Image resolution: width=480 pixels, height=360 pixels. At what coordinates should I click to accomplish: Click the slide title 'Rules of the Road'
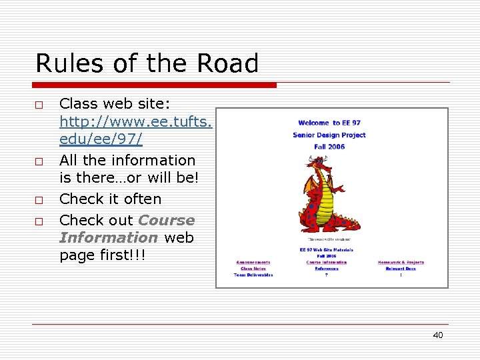[147, 64]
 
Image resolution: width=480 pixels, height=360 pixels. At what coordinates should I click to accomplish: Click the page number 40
[437, 335]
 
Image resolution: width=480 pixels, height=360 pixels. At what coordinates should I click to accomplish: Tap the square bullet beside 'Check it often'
[39, 200]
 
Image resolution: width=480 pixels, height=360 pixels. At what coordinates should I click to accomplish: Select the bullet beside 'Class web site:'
[39, 105]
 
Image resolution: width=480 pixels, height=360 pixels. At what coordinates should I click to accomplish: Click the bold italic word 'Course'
[166, 220]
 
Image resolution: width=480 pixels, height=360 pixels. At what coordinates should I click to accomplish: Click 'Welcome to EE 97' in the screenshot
[330, 123]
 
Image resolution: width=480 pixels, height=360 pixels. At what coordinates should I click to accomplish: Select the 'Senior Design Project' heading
[329, 135]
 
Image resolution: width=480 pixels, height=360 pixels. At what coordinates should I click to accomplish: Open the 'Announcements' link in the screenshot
[253, 262]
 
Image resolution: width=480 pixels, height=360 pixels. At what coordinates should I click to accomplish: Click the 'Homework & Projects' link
[401, 262]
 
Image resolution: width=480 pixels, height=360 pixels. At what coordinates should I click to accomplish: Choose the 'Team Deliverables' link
[253, 275]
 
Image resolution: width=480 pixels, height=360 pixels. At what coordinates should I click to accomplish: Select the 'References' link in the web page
[327, 269]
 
